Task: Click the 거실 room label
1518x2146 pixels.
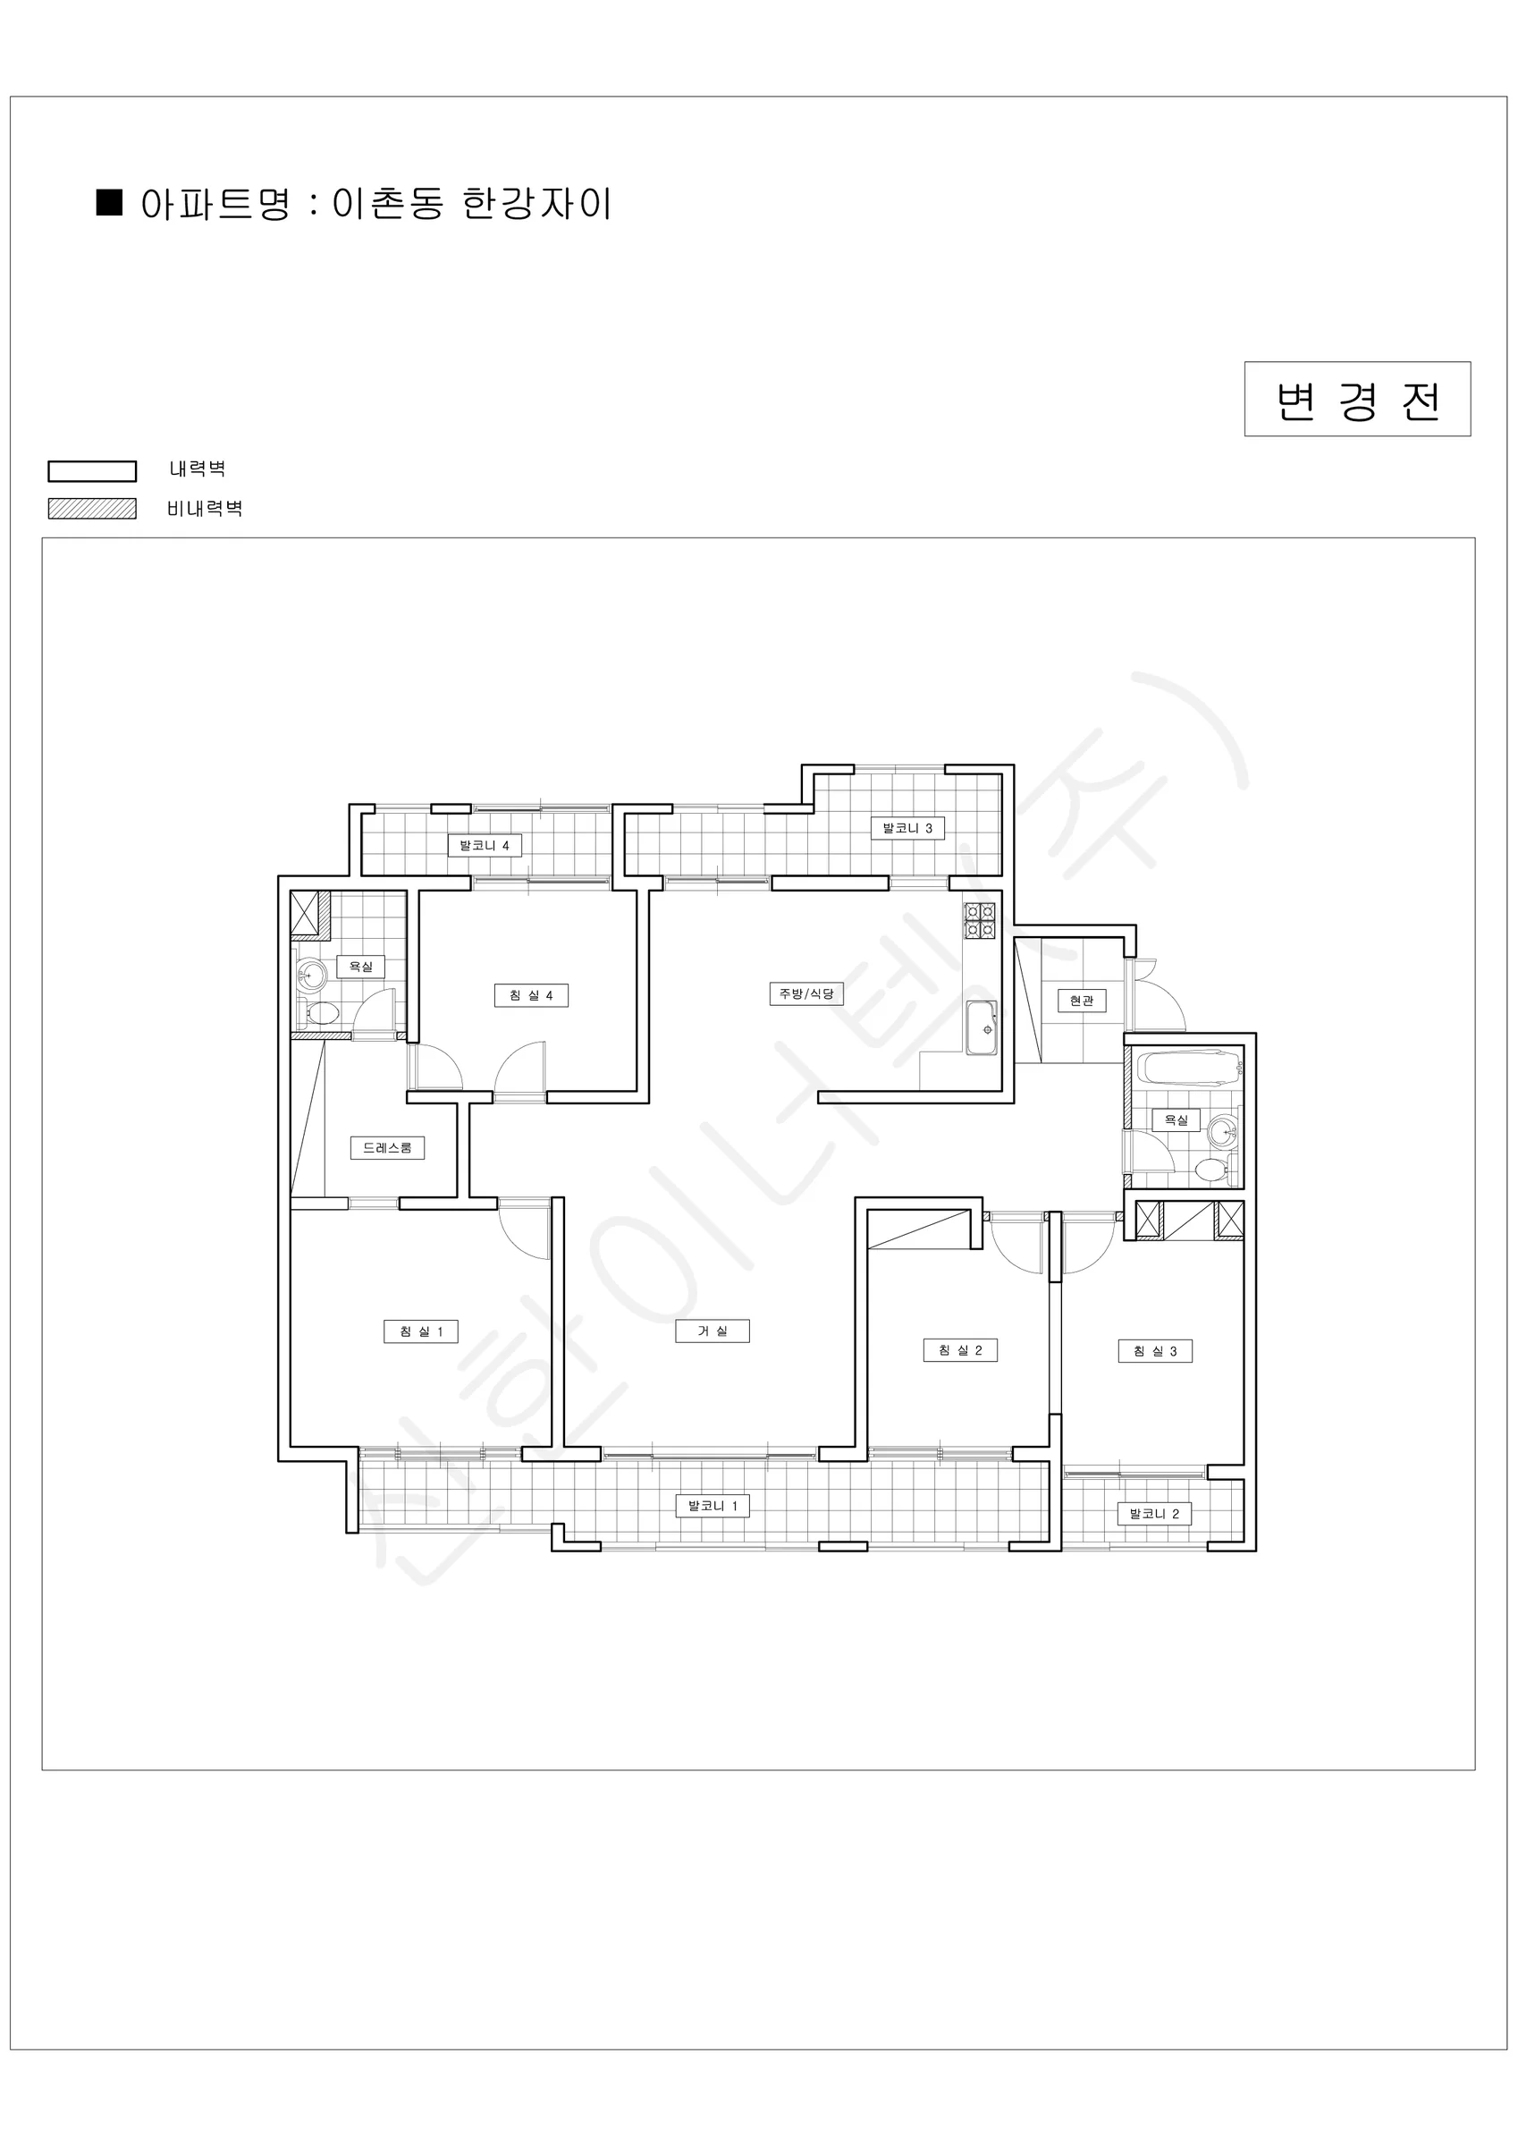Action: (x=713, y=1331)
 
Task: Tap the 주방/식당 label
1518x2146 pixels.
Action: (x=806, y=993)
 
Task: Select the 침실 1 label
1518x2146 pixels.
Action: (x=421, y=1331)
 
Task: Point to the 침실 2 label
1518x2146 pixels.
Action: (x=960, y=1349)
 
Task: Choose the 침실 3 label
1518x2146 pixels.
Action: (x=1155, y=1350)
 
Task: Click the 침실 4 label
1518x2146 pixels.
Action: (x=531, y=995)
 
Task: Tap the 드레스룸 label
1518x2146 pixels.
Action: (x=387, y=1147)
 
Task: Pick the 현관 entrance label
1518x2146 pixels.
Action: (x=1082, y=1000)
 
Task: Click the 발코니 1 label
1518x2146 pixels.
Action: (x=713, y=1506)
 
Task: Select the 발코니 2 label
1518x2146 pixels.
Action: (x=1154, y=1513)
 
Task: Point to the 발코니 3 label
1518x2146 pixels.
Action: (x=907, y=827)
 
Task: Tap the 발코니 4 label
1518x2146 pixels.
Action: (x=485, y=846)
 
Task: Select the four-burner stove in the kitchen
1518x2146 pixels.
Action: (x=980, y=920)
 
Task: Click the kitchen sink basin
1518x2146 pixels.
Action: (x=982, y=1028)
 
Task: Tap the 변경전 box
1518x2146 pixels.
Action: (x=1357, y=399)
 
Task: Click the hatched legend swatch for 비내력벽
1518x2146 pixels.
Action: (x=91, y=509)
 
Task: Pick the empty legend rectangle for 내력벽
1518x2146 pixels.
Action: (x=91, y=471)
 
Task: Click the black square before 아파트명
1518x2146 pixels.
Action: (x=109, y=203)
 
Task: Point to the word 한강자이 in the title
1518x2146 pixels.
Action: (x=537, y=204)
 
